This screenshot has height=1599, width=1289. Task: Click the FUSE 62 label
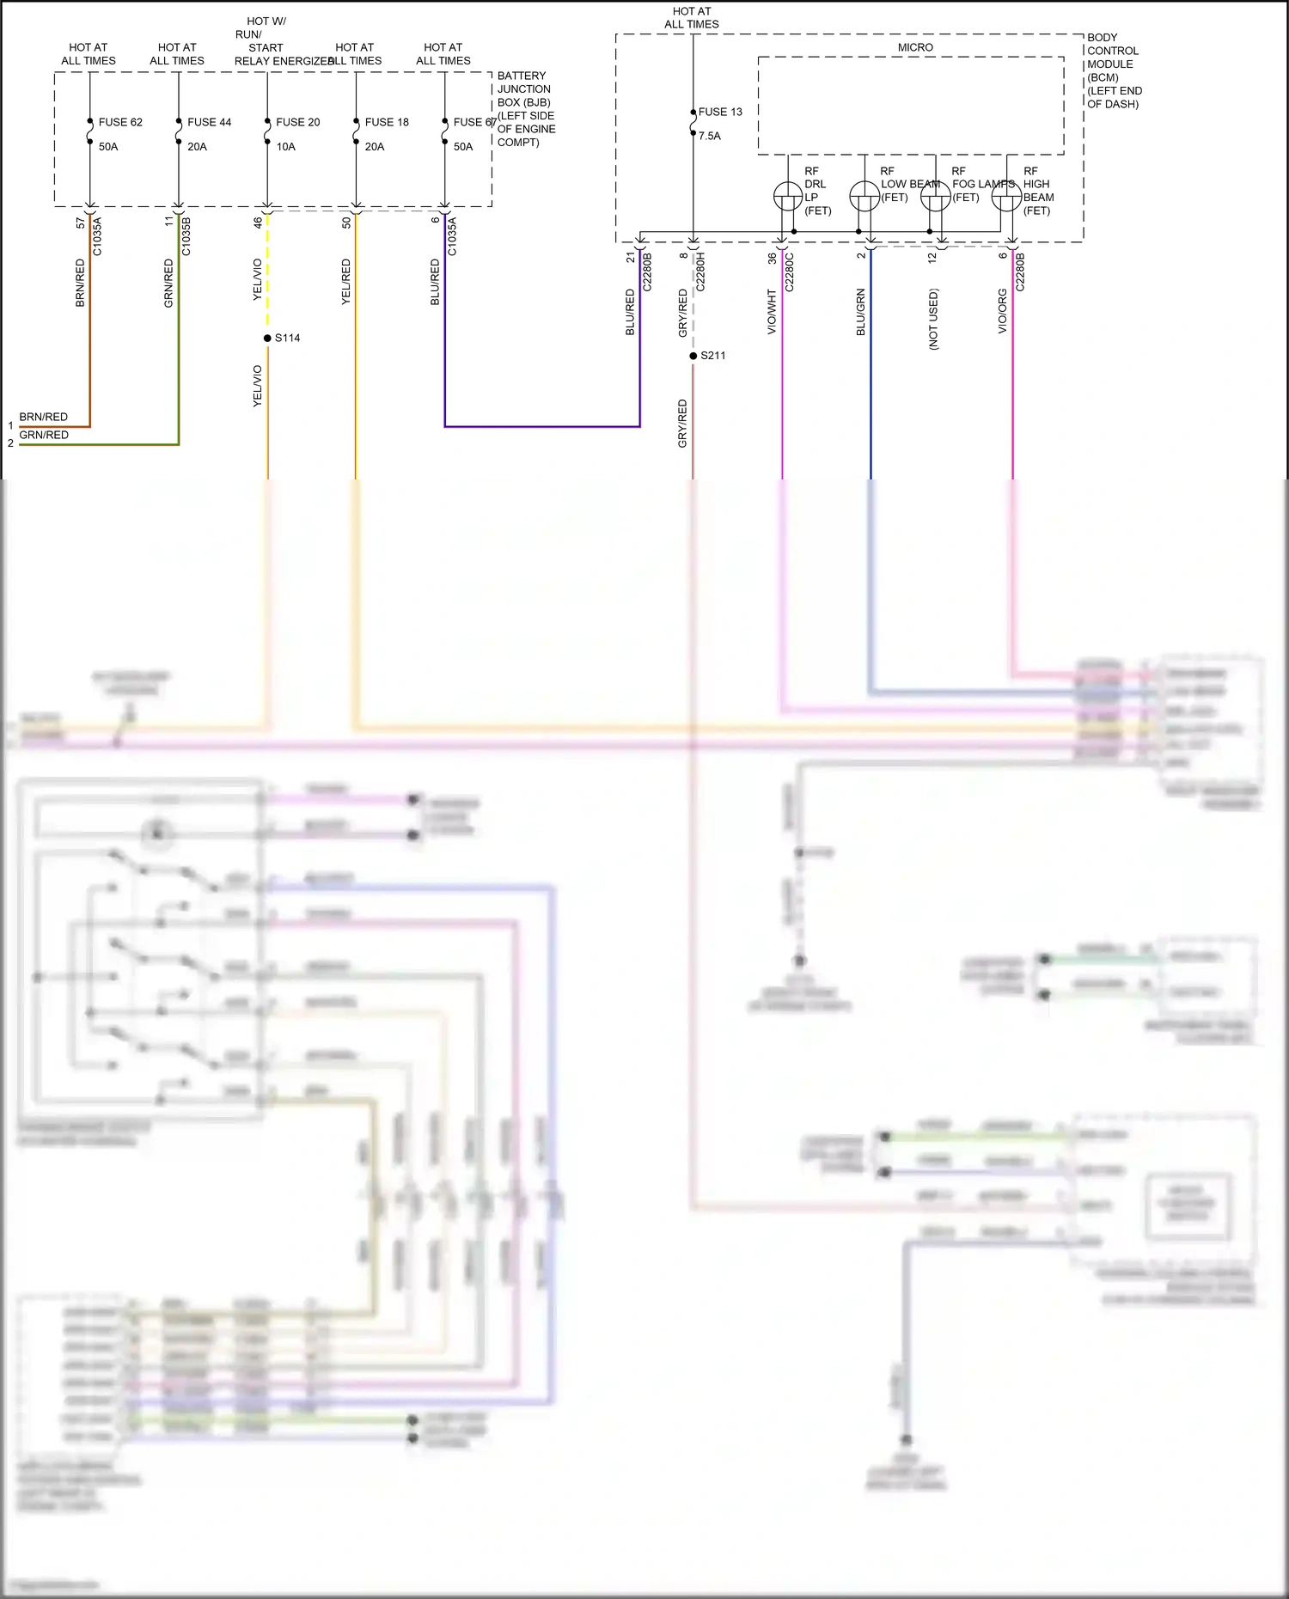(120, 122)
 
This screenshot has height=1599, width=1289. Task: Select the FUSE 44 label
(209, 122)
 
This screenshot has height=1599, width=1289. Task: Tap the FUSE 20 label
(297, 122)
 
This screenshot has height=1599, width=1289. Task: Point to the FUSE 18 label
(387, 122)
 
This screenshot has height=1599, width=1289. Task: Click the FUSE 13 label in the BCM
(720, 112)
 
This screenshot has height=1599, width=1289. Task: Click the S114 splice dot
(267, 338)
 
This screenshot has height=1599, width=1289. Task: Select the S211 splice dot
(693, 356)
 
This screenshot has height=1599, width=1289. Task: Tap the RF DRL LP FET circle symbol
(788, 197)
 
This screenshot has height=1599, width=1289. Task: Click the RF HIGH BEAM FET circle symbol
(1006, 197)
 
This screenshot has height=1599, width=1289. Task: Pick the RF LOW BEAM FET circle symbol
(864, 197)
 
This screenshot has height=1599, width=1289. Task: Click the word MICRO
(915, 47)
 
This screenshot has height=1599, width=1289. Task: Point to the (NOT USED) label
(933, 319)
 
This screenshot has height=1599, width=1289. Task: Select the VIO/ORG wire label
(1002, 311)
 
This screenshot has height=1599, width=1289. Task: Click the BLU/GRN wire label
(860, 311)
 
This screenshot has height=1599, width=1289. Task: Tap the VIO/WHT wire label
(772, 311)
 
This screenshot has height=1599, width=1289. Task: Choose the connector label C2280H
(700, 272)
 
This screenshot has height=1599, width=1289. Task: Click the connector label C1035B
(186, 237)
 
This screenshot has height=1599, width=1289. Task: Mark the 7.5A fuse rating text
(710, 136)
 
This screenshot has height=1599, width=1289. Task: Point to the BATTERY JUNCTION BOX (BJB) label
(524, 89)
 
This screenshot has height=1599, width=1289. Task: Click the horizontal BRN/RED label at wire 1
(43, 417)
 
